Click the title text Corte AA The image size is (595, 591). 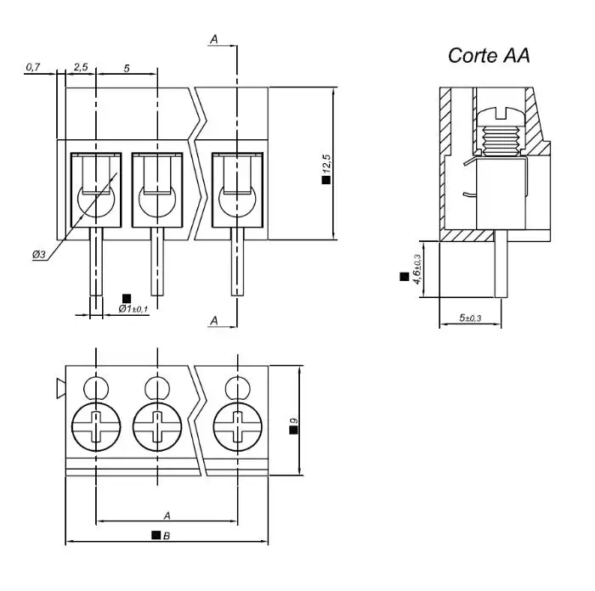coord(489,56)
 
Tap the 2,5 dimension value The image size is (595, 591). coord(81,67)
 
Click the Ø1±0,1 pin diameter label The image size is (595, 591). coord(133,309)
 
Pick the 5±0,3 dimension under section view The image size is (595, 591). coord(470,318)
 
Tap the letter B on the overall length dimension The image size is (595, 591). coord(167,536)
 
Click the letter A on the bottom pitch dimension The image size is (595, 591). coord(167,515)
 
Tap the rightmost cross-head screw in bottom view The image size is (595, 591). coord(235,424)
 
